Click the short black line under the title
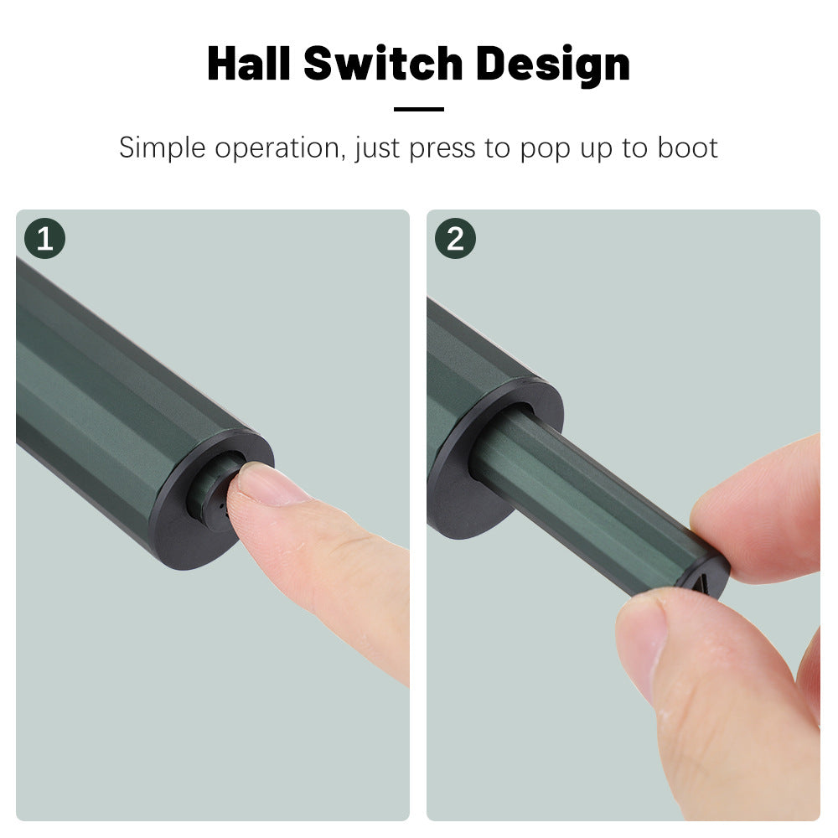pos(419,109)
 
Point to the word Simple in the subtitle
pos(162,148)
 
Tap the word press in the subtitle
pos(442,150)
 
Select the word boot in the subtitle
pos(687,147)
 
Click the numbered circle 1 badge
pos(45,238)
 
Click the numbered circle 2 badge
pos(455,238)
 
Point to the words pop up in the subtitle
pos(566,150)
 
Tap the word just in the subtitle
pos(377,148)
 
